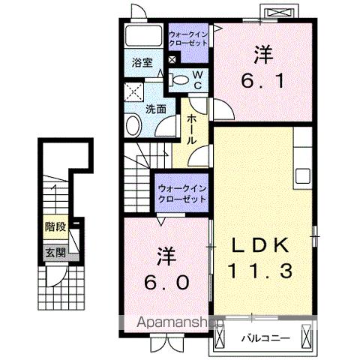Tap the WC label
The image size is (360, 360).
pyautogui.click(x=196, y=79)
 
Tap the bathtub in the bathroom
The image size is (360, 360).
pyautogui.click(x=141, y=37)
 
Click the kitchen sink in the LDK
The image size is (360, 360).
pyautogui.click(x=303, y=176)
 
